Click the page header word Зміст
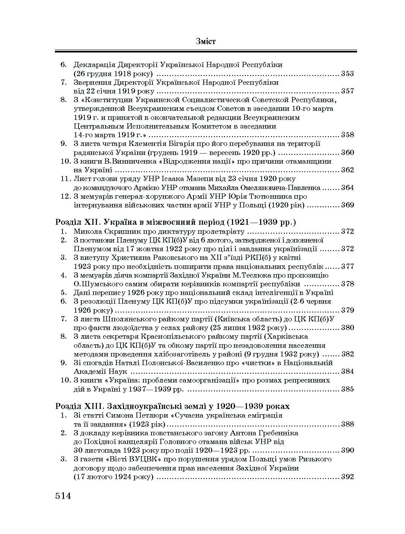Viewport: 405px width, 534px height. tap(206, 41)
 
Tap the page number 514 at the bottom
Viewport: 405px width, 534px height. tap(63, 495)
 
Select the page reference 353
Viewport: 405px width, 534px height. tap(347, 74)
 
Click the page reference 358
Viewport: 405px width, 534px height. tap(347, 135)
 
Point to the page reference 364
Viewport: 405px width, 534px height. tap(347, 188)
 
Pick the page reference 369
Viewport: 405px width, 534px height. tap(347, 205)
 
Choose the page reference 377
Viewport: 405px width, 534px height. tap(347, 266)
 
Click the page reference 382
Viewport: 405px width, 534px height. tap(347, 354)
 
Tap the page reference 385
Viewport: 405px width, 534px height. tap(347, 389)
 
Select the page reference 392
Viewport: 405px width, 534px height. tap(347, 477)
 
